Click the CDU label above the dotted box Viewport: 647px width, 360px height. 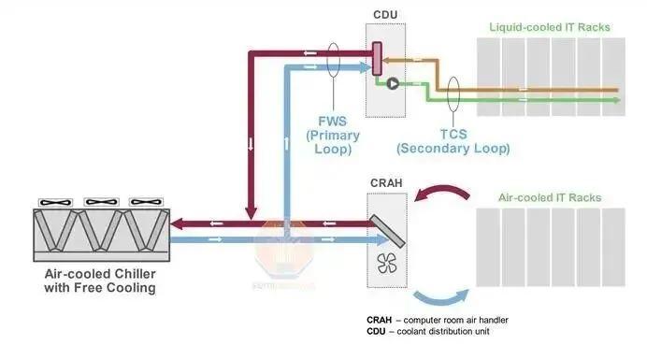pyautogui.click(x=385, y=15)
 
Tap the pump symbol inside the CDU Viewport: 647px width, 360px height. pyautogui.click(x=393, y=84)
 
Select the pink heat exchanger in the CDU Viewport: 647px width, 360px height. pyautogui.click(x=377, y=59)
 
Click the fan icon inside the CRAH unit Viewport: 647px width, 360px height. pyautogui.click(x=387, y=263)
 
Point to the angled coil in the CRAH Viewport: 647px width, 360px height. pyautogui.click(x=387, y=232)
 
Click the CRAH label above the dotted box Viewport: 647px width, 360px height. pyautogui.click(x=386, y=183)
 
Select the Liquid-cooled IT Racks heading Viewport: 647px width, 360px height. pyautogui.click(x=550, y=27)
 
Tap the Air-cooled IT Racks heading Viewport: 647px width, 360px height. pyautogui.click(x=550, y=197)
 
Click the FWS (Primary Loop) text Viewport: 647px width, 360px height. pyautogui.click(x=333, y=135)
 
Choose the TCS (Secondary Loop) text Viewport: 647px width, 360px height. pyautogui.click(x=453, y=141)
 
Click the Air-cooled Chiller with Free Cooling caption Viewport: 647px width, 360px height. pyautogui.click(x=100, y=281)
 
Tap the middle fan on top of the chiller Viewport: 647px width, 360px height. pyautogui.click(x=101, y=202)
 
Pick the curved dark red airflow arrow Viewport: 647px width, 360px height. pyautogui.click(x=442, y=192)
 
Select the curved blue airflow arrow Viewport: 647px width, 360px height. pyautogui.click(x=440, y=299)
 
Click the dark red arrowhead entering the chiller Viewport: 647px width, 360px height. pyautogui.click(x=177, y=224)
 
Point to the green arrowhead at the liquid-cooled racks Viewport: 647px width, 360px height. pyautogui.click(x=616, y=100)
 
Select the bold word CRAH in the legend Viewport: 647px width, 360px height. pyautogui.click(x=379, y=320)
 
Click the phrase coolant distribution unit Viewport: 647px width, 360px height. pyautogui.click(x=443, y=332)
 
